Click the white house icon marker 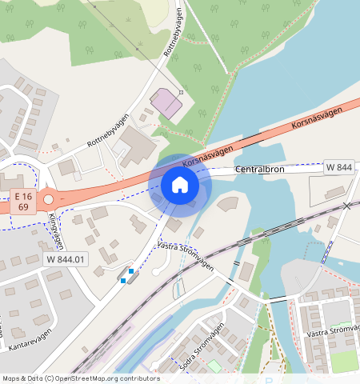(180, 186)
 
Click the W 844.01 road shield (65, 259)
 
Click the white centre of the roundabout (50, 200)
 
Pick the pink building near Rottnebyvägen (167, 102)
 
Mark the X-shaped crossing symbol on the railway (346, 206)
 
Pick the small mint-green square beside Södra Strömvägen (214, 366)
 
